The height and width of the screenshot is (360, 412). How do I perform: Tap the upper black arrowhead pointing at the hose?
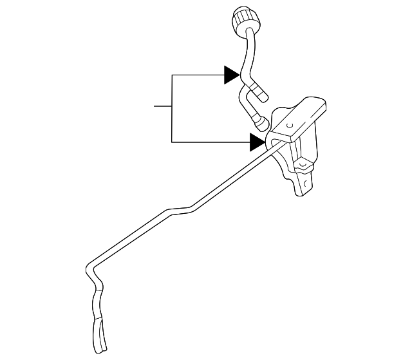(232, 75)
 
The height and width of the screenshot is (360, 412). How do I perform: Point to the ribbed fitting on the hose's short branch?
(259, 92)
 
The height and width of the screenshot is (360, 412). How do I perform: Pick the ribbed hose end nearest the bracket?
(261, 122)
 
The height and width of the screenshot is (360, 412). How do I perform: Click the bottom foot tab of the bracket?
(300, 187)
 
